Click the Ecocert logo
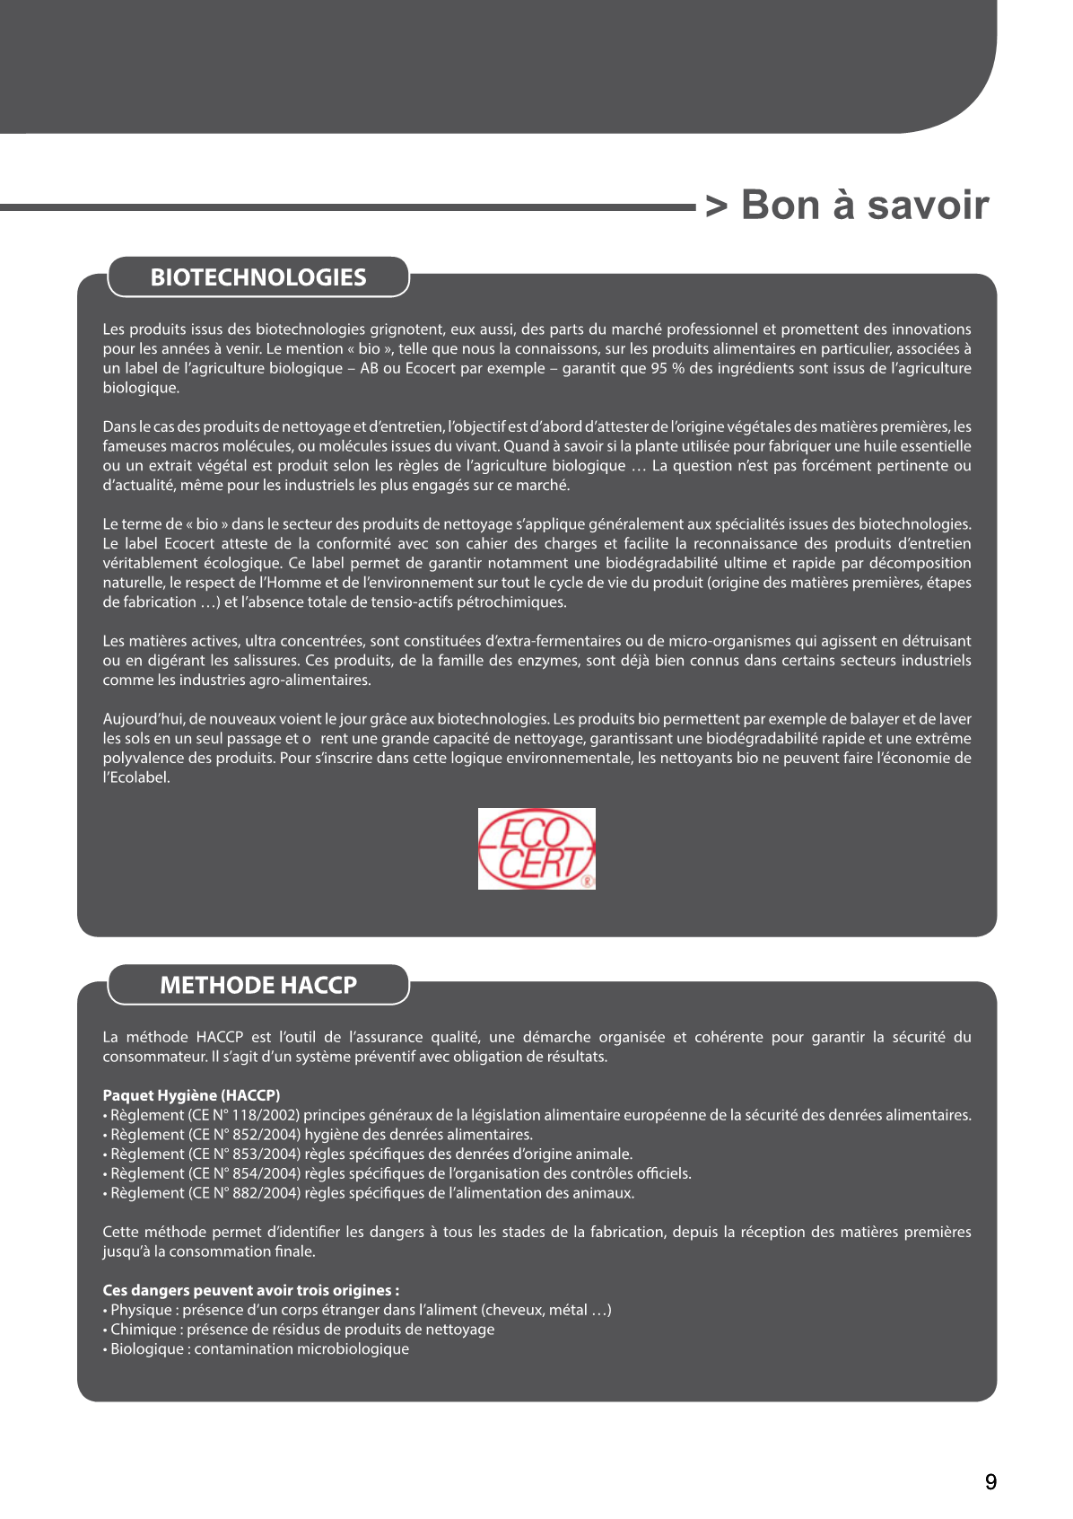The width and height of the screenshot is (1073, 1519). point(536,848)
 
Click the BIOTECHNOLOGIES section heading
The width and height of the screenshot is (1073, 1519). point(258,277)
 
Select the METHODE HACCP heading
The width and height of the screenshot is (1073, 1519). point(258,985)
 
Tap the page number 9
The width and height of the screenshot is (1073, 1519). point(990,1482)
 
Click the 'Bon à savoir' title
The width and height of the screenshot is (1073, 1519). point(864,206)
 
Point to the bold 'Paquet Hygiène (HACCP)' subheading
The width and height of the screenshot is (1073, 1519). point(191,1095)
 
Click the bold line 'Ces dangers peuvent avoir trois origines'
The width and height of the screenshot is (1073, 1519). point(250,1290)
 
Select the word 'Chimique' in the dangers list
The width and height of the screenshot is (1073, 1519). point(144,1330)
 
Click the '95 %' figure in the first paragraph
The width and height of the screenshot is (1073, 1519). point(669,368)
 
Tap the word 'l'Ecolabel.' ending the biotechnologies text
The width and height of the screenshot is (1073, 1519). point(136,777)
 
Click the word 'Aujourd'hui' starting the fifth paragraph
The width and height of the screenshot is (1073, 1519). point(142,719)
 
